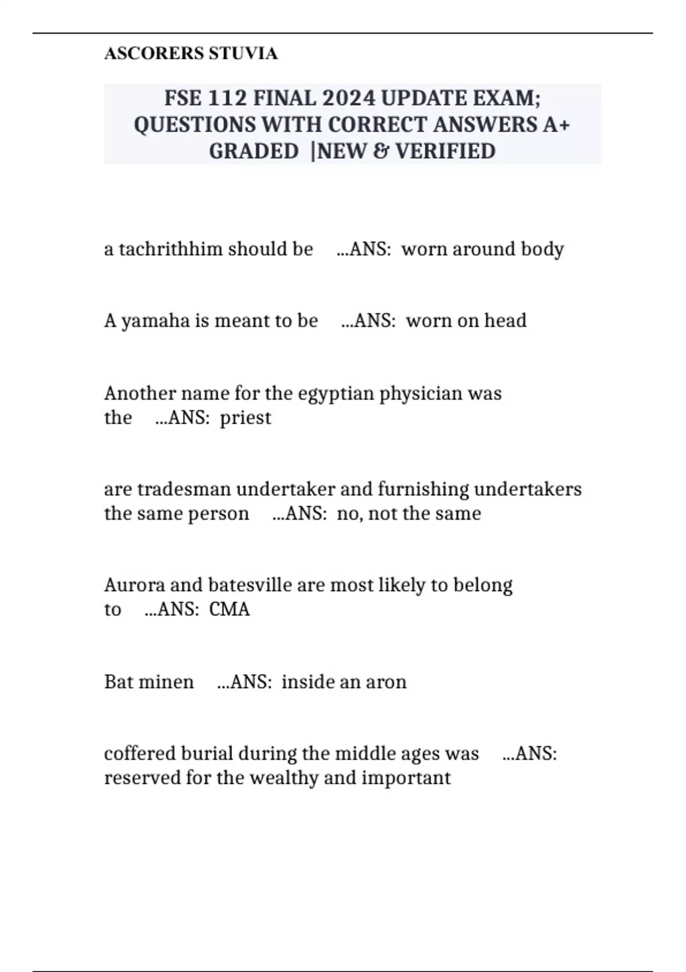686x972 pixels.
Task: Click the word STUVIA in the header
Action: pyautogui.click(x=243, y=53)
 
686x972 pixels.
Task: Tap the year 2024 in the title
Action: pyautogui.click(x=349, y=98)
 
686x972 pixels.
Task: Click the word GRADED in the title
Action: pyautogui.click(x=253, y=151)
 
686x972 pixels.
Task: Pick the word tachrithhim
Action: pyautogui.click(x=170, y=249)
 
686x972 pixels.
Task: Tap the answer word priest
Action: pyautogui.click(x=245, y=418)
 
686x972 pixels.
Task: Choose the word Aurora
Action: pyautogui.click(x=134, y=585)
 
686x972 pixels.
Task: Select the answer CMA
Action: pyautogui.click(x=229, y=610)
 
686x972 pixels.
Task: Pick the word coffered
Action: pyautogui.click(x=139, y=754)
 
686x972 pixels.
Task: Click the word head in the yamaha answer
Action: pyautogui.click(x=505, y=321)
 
